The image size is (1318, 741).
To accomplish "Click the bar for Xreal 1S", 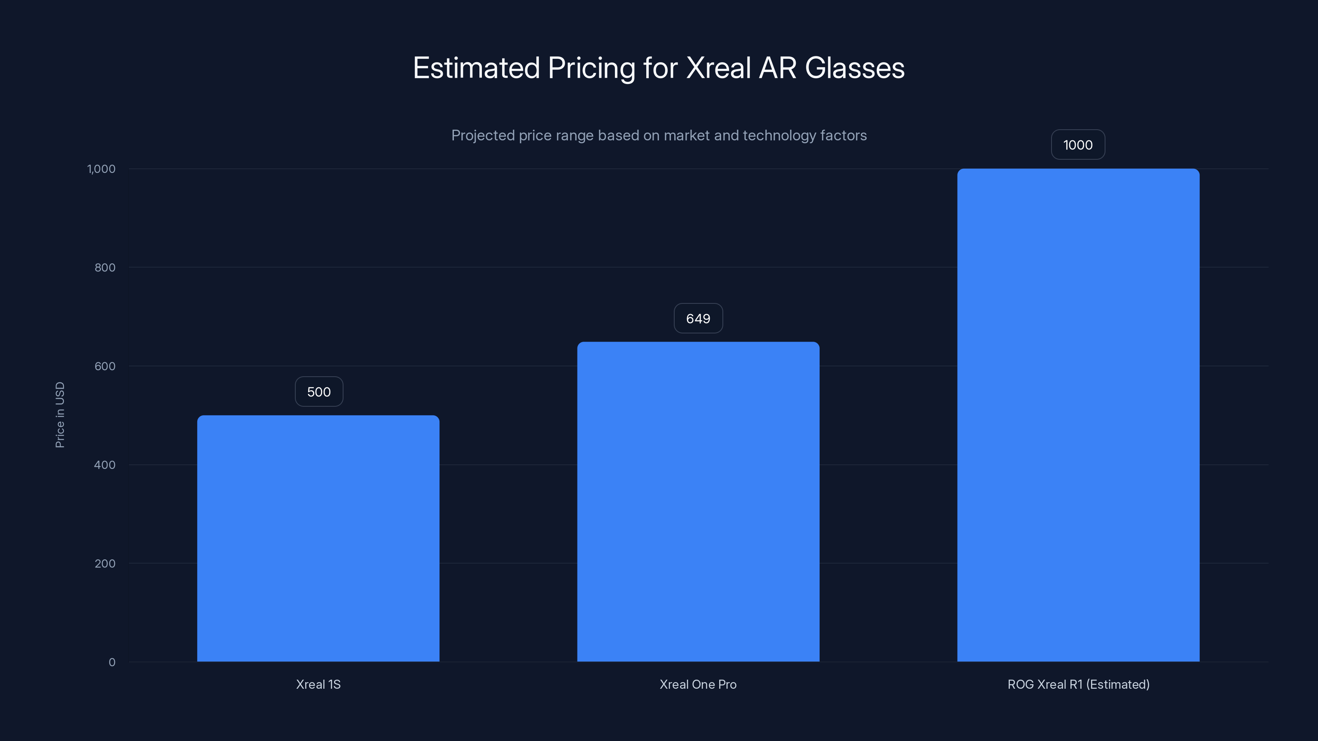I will tap(318, 538).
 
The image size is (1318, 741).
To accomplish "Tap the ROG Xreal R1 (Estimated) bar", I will tap(1078, 415).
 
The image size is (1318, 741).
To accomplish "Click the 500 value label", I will tap(319, 392).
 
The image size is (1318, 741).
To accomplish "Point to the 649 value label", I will tap(698, 319).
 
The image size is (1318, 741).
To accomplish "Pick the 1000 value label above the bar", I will tap(1077, 145).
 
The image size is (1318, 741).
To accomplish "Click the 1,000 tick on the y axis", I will tap(101, 169).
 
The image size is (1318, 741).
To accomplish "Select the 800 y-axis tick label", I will tap(105, 268).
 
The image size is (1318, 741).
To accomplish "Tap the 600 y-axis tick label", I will tap(105, 366).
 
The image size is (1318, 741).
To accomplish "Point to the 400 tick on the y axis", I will tap(105, 465).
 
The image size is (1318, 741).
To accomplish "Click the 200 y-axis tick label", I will tap(105, 564).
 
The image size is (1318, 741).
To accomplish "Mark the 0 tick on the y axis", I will tap(112, 662).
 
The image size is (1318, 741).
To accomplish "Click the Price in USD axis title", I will tap(60, 415).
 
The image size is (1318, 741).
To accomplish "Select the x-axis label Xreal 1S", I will tap(318, 684).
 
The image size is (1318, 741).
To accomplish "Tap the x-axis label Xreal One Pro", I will tap(698, 684).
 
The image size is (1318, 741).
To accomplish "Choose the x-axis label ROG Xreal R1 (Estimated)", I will tap(1078, 684).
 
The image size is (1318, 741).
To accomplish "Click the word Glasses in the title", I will tap(855, 68).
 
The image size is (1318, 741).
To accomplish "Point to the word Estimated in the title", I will tap(476, 68).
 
